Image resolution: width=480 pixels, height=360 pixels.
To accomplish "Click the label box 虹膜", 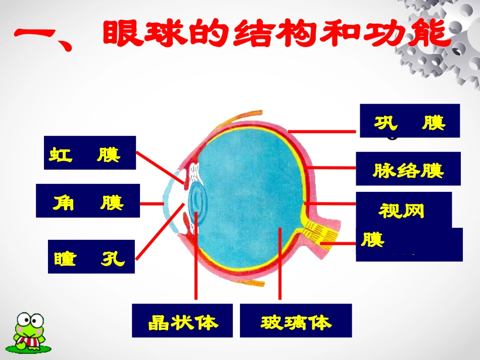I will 90,153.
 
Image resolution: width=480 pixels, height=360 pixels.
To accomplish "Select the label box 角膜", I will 88,200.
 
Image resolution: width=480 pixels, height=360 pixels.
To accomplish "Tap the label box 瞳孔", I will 91,256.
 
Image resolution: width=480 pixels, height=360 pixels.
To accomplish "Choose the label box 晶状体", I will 182,321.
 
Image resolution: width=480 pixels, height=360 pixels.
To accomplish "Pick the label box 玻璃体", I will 296,321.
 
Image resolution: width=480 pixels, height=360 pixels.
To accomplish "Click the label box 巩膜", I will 410,121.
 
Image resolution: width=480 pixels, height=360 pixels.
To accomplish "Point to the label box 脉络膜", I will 408,169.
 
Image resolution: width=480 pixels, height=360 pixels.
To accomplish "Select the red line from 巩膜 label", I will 323,131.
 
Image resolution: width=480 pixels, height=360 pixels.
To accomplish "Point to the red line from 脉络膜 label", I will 331,167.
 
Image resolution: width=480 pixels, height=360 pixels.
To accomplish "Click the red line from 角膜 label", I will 152,203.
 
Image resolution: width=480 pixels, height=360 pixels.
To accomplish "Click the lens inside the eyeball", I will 196,202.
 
